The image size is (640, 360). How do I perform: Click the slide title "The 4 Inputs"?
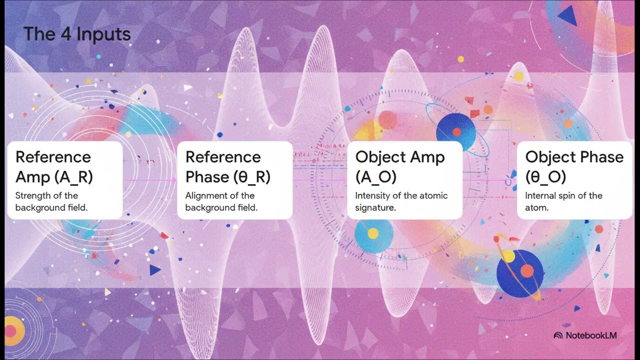click(77, 34)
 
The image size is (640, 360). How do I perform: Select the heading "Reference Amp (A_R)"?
click(53, 166)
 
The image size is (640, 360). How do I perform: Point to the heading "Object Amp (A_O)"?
click(400, 166)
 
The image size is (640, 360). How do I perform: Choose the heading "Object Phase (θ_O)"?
click(574, 166)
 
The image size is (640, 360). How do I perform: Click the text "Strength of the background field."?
click(51, 201)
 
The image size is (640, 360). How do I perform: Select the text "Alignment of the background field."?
click(221, 201)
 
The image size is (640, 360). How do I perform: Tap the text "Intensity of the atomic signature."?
click(401, 201)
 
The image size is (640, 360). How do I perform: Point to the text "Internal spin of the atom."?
click(563, 201)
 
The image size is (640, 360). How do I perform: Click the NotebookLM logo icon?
click(558, 335)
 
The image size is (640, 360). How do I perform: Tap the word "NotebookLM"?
click(591, 335)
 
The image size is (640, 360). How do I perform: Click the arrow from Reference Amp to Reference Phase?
click(149, 180)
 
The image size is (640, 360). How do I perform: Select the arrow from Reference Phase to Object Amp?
click(319, 180)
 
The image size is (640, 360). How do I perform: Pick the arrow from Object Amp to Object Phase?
click(489, 180)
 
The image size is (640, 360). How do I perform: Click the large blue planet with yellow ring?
click(520, 273)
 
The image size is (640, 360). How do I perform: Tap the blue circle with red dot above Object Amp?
click(456, 131)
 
